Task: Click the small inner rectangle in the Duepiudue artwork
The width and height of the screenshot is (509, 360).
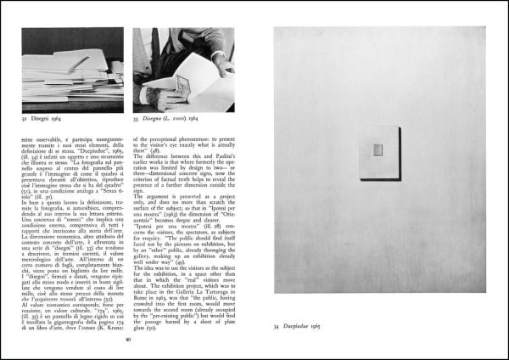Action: [378, 150]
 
